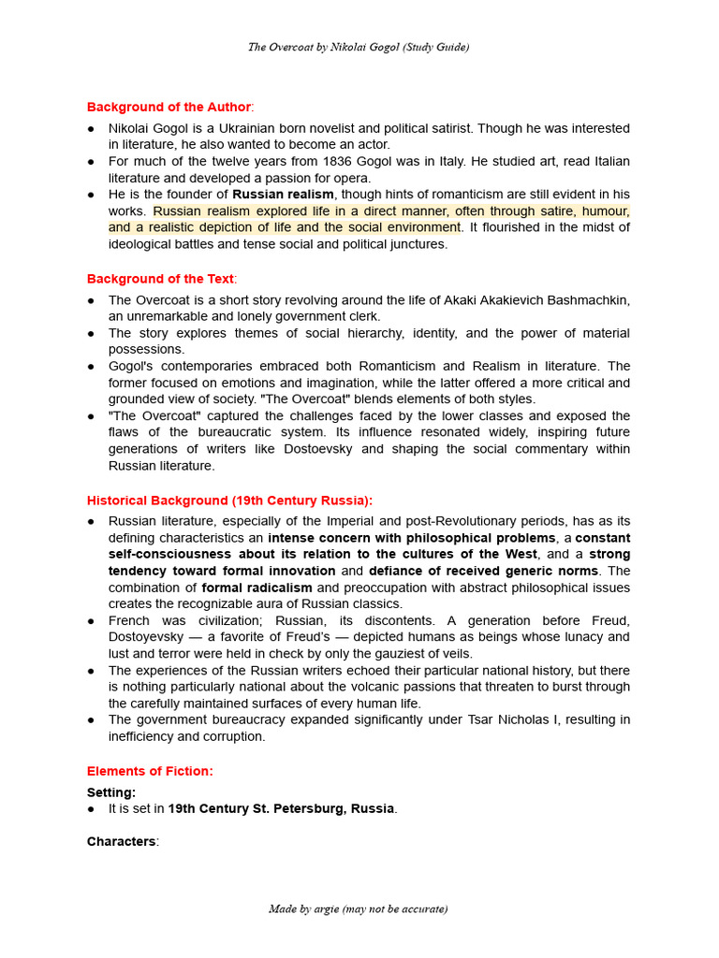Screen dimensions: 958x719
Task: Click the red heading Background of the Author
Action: coord(169,107)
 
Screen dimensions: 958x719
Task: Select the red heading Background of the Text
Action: coord(160,279)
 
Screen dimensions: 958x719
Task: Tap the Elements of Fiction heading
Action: coord(150,771)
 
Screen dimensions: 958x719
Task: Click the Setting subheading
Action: coord(110,792)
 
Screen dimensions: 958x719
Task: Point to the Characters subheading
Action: coord(122,841)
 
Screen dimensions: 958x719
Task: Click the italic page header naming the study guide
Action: coord(359,47)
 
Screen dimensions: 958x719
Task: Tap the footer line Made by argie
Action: coord(359,908)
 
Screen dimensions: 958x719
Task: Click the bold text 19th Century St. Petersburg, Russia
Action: coord(281,808)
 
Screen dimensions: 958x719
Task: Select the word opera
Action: coord(352,178)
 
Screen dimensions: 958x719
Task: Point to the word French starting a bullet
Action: coord(130,620)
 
